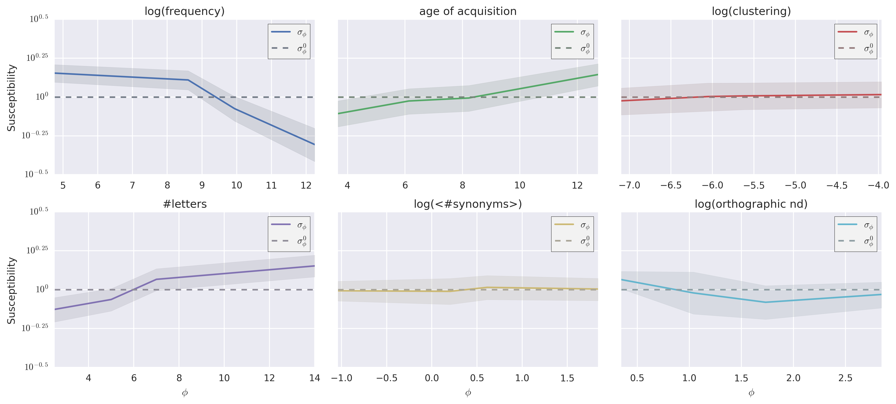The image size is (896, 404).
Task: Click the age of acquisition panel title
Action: (468, 11)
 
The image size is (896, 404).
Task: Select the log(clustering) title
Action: (751, 11)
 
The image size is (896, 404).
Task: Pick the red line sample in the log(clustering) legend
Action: (847, 32)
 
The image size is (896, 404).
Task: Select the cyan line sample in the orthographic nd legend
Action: (847, 225)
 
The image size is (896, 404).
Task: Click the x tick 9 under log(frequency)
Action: (202, 185)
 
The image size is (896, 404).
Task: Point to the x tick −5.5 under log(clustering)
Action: (754, 185)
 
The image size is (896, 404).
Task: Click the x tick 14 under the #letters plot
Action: (314, 378)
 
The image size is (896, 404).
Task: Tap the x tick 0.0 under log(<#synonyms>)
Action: (432, 378)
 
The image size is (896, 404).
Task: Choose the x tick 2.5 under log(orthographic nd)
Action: (845, 378)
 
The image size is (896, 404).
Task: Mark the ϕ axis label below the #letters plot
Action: (185, 393)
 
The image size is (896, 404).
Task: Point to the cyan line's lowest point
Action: (765, 302)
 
